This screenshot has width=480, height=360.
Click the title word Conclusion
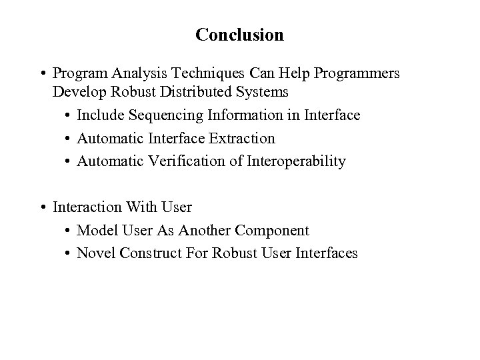239,35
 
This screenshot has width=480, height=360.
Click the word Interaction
86,207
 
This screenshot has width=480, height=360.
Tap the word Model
96,231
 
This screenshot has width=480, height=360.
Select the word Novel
95,253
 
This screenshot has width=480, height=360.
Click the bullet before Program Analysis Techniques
42,73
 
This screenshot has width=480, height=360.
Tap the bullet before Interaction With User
42,207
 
